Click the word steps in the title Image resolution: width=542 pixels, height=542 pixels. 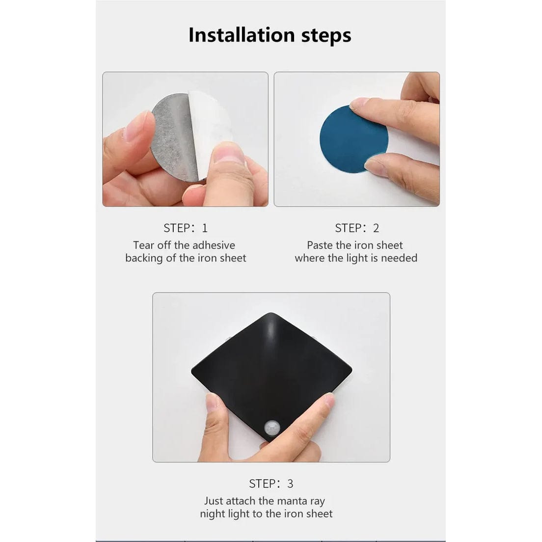(x=326, y=36)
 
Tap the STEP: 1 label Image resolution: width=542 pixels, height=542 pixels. (x=185, y=228)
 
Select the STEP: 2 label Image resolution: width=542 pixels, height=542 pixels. (x=357, y=228)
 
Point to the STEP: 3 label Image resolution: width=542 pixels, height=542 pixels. (x=271, y=484)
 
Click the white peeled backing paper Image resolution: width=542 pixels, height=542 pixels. (x=211, y=120)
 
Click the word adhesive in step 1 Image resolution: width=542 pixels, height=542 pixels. (x=213, y=245)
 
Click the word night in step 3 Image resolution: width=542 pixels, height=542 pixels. (x=213, y=514)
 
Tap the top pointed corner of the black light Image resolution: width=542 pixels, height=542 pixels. (x=271, y=314)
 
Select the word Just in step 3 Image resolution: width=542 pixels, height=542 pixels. (x=214, y=501)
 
